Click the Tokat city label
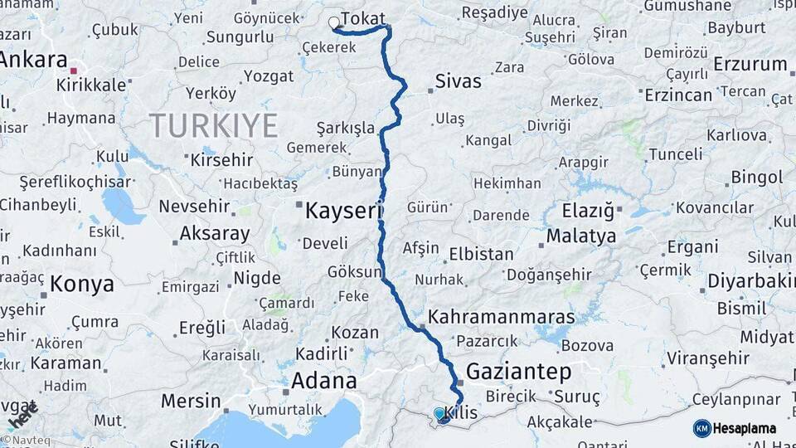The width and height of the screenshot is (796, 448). coord(363,19)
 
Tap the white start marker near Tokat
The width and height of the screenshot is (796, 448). coord(334,22)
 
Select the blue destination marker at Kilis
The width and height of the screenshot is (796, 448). coord(439,413)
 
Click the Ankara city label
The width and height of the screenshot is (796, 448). coord(33,60)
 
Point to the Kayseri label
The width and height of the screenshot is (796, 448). coord(342,211)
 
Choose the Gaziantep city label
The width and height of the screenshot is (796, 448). coord(519,371)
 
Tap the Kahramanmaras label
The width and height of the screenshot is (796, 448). coord(501,317)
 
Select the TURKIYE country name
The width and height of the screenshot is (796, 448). coord(213,125)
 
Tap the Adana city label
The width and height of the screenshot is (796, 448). coord(323,381)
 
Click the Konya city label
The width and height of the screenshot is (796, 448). coord(81,285)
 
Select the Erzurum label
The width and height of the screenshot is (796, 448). coord(750,64)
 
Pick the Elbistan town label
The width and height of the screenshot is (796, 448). coord(481,254)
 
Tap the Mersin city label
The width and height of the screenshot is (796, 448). coord(191,401)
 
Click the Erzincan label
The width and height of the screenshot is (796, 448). coord(677,95)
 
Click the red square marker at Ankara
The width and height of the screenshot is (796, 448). coord(75,71)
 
